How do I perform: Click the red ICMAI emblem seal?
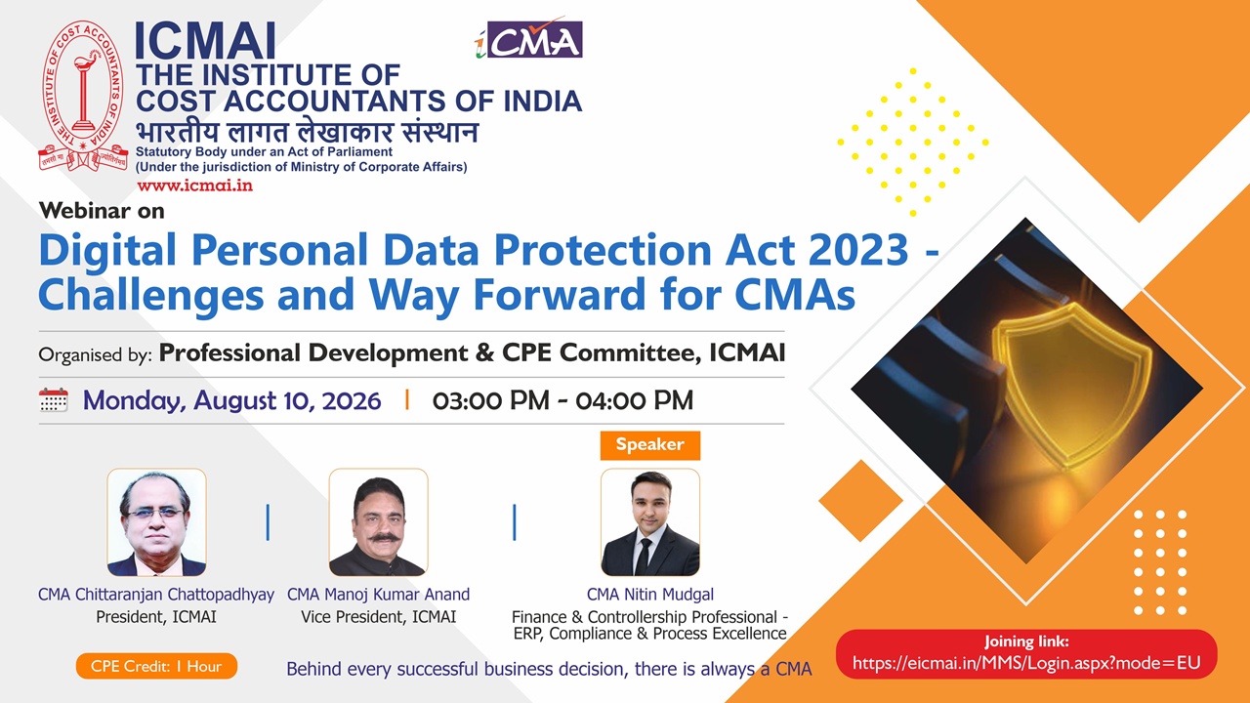84,95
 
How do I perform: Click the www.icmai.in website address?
194,186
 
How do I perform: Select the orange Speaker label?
650,444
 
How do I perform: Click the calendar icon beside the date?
54,400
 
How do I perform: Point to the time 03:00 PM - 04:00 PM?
562,400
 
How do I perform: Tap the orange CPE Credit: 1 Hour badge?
156,666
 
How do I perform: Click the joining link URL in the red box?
1026,663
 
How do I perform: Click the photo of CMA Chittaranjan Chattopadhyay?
156,522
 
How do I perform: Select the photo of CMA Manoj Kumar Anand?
378,522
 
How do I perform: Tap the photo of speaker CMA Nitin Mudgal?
650,522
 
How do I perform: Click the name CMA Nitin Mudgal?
650,595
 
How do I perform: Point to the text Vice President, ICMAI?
378,616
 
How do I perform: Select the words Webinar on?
102,211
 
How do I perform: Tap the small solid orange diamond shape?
860,501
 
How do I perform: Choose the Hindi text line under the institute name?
307,132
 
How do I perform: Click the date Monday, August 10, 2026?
232,400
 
